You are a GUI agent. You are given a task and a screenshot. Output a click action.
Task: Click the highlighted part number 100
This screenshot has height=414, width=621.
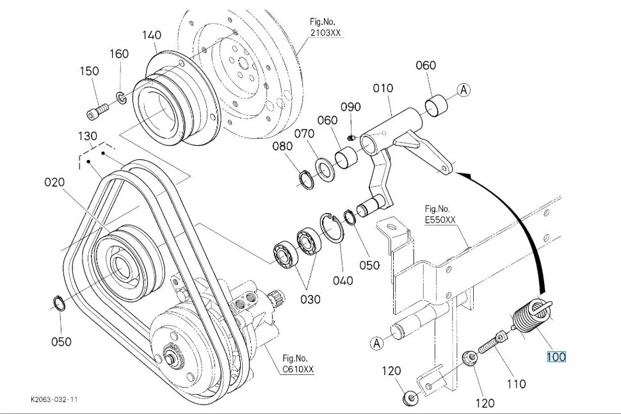click(x=556, y=357)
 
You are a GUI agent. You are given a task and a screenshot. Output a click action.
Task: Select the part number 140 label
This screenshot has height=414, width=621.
click(x=152, y=35)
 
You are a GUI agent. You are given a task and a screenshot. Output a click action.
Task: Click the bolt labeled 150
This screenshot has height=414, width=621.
click(x=97, y=111)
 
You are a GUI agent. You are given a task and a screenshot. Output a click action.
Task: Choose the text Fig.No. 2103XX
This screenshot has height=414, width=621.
click(x=325, y=28)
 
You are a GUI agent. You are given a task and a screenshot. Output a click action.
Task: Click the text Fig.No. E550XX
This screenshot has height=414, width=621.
click(x=440, y=214)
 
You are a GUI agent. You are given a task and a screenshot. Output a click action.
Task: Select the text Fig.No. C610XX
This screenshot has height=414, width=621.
click(x=298, y=364)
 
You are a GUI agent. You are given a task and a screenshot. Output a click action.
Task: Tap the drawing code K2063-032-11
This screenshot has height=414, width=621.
click(x=54, y=399)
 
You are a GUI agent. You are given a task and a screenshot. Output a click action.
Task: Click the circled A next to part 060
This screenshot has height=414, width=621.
click(x=464, y=90)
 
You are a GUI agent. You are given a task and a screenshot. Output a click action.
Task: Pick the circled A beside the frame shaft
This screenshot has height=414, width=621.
click(x=376, y=343)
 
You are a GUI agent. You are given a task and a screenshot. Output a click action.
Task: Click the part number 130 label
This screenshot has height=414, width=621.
click(x=88, y=136)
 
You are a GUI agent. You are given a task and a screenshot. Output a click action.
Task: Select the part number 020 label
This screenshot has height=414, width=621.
click(x=54, y=182)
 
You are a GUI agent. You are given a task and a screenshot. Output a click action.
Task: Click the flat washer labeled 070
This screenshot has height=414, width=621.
click(x=325, y=168)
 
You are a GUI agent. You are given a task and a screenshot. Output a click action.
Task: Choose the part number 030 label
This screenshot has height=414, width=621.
click(x=310, y=299)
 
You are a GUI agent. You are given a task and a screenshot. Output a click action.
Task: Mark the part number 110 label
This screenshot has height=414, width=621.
click(x=517, y=383)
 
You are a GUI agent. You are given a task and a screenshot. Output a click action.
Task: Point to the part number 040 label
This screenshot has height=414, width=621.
click(x=343, y=281)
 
